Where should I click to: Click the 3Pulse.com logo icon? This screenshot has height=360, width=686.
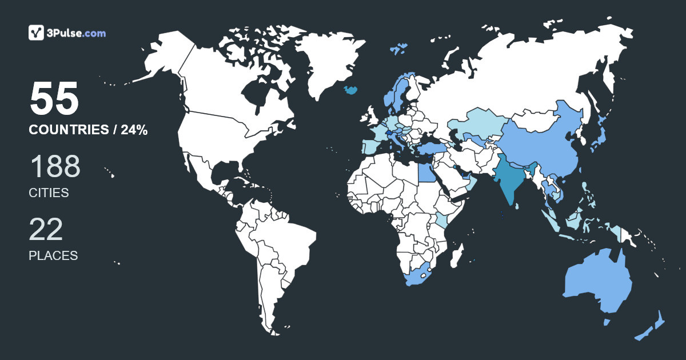[x=37, y=33]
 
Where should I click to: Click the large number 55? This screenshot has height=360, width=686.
[x=54, y=99]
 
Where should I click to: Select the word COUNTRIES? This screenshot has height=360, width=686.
[x=69, y=130]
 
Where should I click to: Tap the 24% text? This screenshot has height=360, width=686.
[x=134, y=130]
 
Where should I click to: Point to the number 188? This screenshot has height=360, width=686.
[x=55, y=167]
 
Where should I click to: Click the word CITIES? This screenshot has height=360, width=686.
[x=49, y=193]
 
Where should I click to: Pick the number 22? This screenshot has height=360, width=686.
[x=46, y=229]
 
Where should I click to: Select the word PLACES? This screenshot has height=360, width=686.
[x=53, y=255]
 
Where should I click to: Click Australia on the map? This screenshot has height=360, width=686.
[x=597, y=283]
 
